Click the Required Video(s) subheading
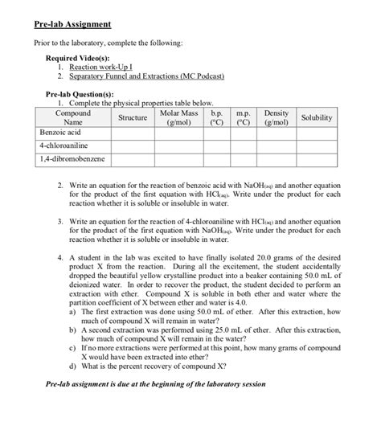[80, 59]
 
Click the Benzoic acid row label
[59, 133]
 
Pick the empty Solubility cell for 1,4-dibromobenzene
[317, 160]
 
